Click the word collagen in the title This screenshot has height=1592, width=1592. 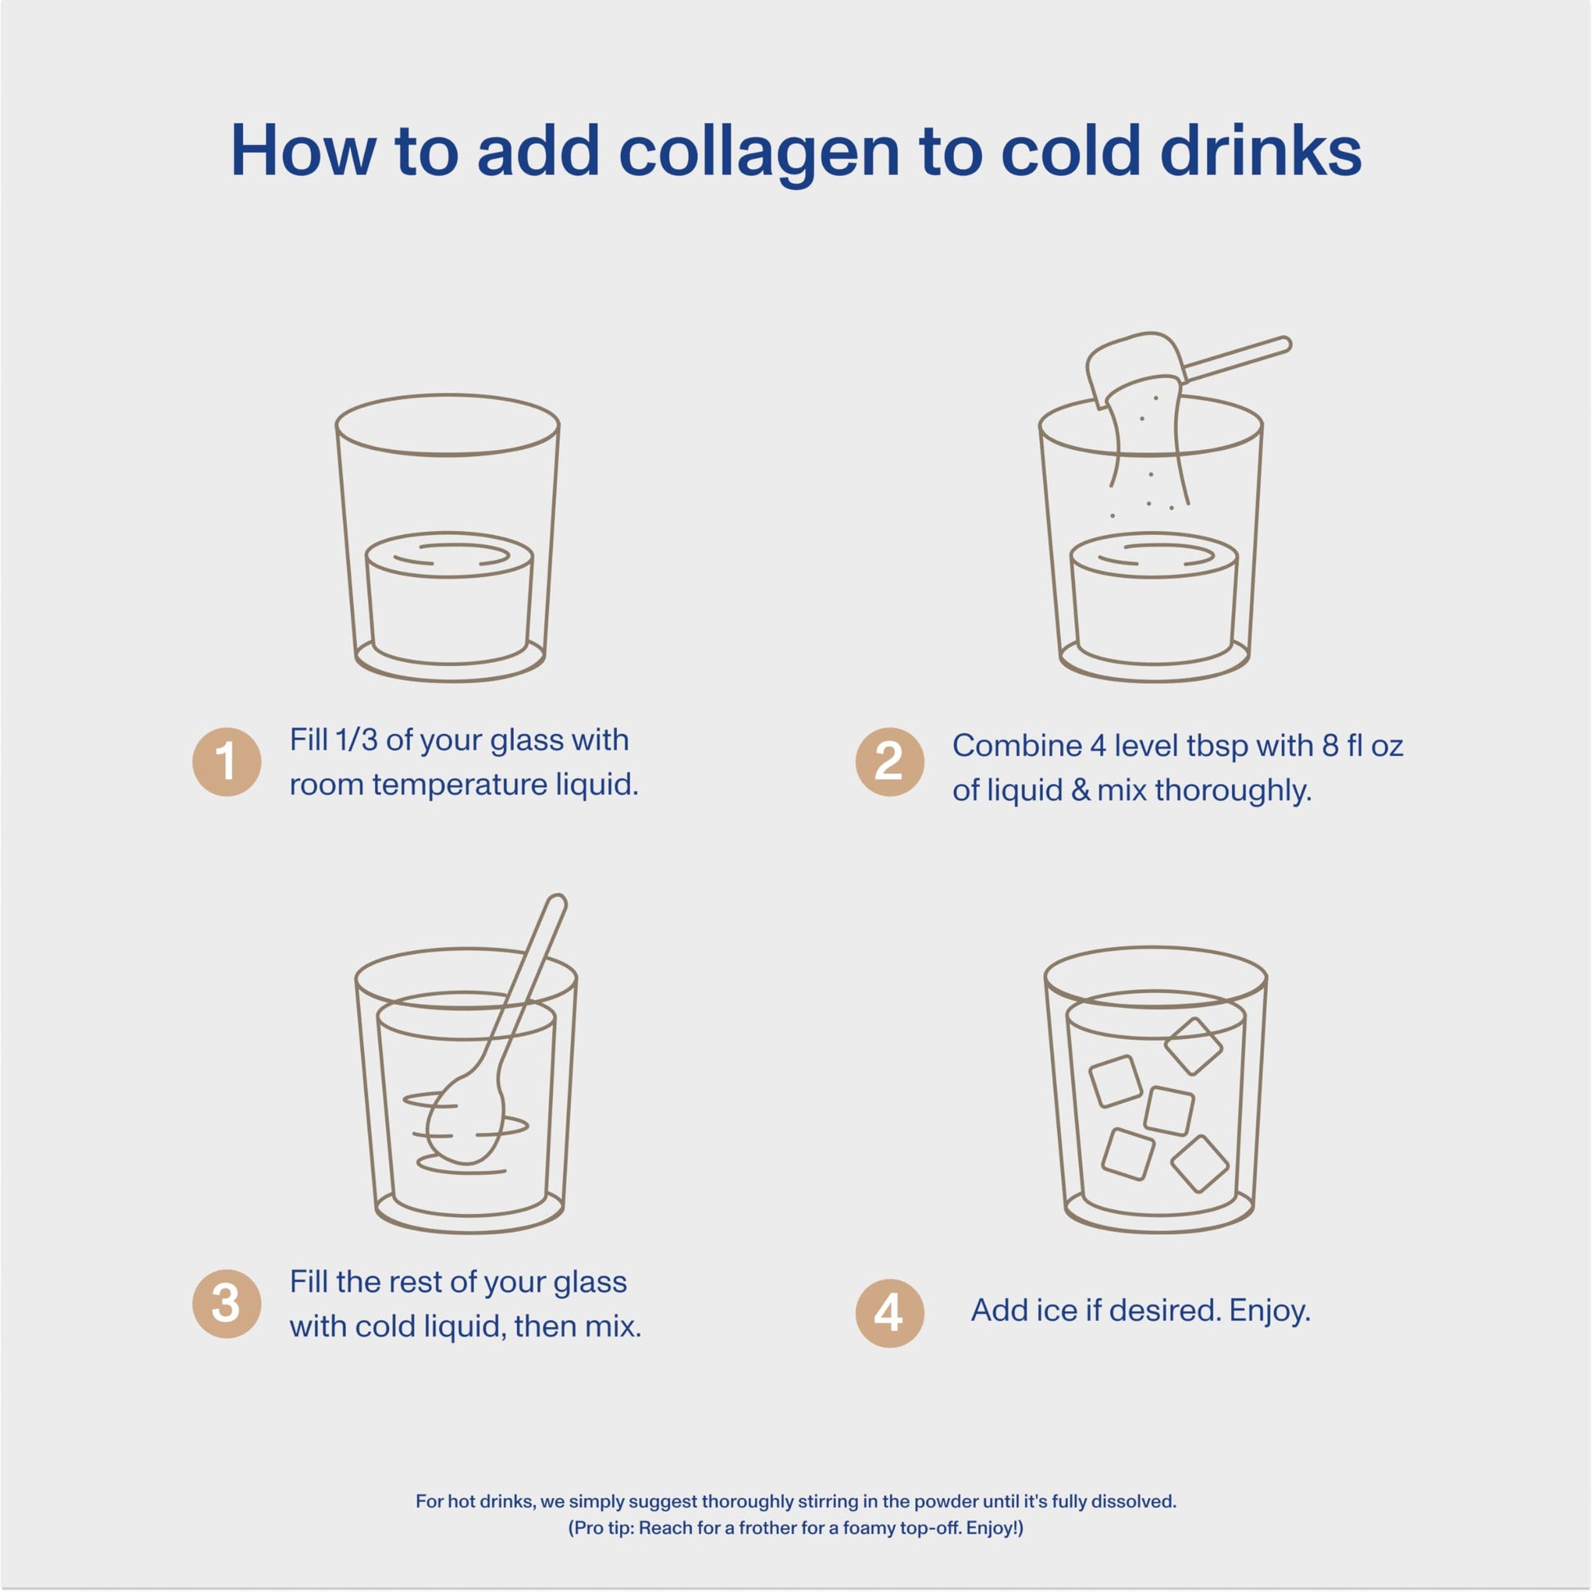point(759,152)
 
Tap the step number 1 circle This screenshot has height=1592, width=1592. point(227,762)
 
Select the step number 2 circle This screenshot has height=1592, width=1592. point(890,762)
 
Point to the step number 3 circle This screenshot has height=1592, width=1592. point(227,1303)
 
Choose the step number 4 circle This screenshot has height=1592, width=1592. point(890,1314)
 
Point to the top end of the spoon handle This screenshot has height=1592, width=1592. point(558,902)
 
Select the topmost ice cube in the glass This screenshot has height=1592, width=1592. point(1193,1046)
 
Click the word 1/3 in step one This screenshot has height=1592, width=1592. point(357,740)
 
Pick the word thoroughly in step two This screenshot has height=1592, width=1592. point(1233,791)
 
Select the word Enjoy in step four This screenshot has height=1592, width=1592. point(1269,1311)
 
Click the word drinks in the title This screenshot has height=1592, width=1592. point(1261,151)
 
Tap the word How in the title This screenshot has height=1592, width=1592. point(304,151)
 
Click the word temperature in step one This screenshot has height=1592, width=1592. point(460,785)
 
